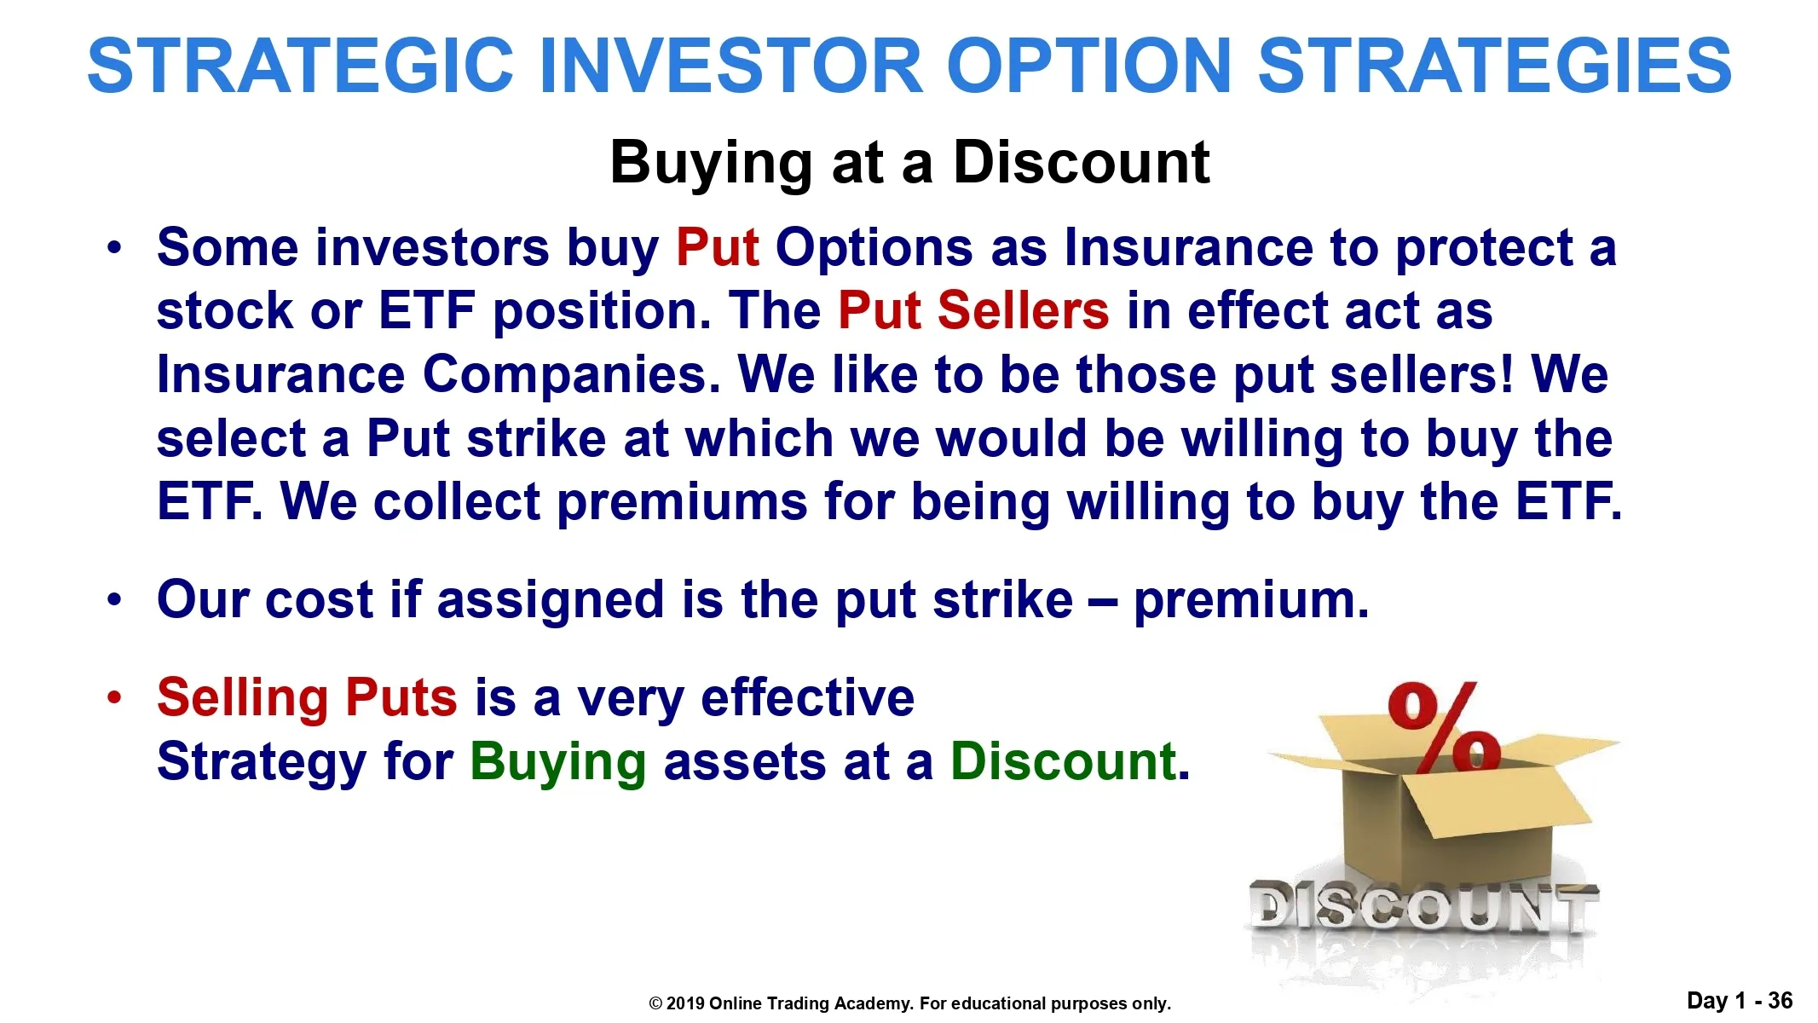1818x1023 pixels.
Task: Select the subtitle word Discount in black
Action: (x=1081, y=162)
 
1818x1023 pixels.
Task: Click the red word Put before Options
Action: (x=717, y=249)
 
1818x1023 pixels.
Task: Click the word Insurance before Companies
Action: (x=280, y=374)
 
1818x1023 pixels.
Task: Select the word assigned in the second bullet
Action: (x=550, y=600)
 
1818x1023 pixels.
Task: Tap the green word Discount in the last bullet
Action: (x=1063, y=761)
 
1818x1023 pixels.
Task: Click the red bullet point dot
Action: (x=115, y=698)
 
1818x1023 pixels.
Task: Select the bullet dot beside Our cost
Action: (x=115, y=600)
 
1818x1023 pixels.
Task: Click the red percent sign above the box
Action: (x=1445, y=726)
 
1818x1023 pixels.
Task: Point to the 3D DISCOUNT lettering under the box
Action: (x=1423, y=905)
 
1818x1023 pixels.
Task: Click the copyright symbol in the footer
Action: (x=655, y=1004)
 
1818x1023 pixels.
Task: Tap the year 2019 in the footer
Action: (x=685, y=1003)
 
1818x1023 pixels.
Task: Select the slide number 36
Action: (x=1780, y=1000)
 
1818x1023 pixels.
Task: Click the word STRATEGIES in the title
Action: (x=1494, y=66)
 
